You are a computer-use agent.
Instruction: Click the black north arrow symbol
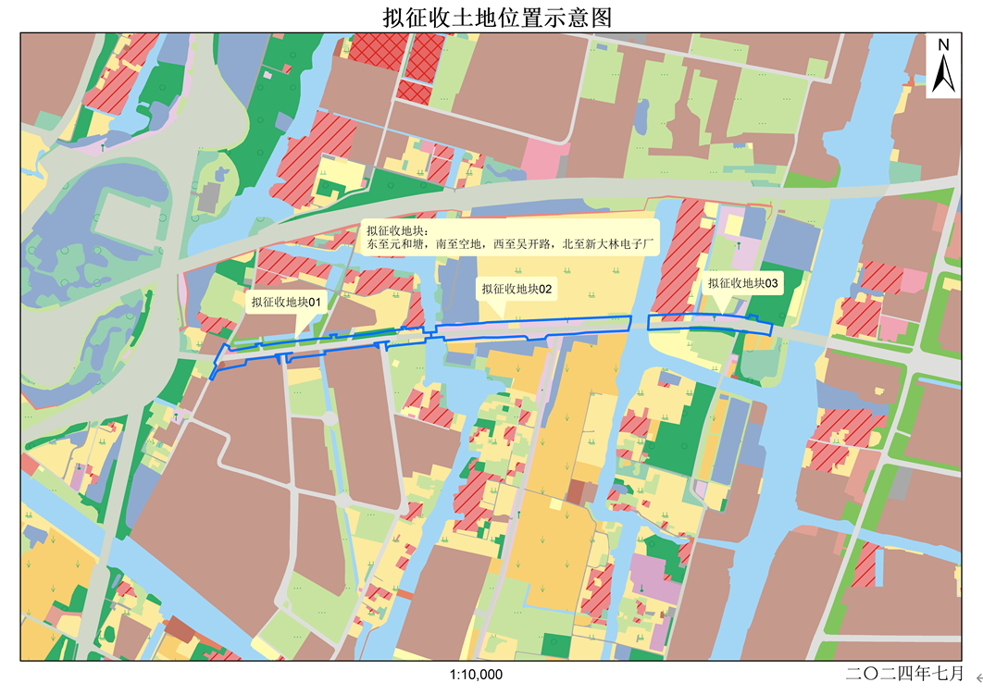943,73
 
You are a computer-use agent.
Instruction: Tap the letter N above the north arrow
943,44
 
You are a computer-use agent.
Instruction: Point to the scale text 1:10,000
476,675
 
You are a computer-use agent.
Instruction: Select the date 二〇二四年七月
904,673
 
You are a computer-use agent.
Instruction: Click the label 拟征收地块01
285,302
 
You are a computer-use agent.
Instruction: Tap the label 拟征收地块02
516,290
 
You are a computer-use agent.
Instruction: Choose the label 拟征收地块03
743,284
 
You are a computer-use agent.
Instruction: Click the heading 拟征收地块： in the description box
397,231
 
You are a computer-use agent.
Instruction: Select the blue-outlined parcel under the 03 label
709,323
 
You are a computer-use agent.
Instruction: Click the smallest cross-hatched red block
414,93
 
